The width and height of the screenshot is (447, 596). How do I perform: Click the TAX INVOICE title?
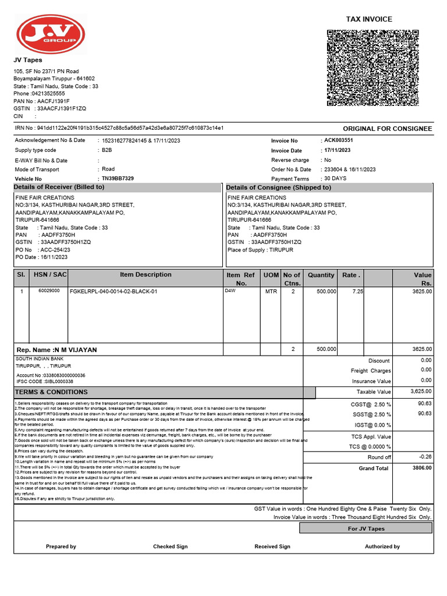(369, 19)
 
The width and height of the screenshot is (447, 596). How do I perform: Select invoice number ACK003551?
(339, 140)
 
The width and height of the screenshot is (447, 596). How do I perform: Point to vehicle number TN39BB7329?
(118, 178)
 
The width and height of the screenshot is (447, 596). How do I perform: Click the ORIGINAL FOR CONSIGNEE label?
(387, 129)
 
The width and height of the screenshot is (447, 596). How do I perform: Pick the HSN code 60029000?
(49, 290)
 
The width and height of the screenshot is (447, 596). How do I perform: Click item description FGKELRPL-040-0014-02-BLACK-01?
(113, 291)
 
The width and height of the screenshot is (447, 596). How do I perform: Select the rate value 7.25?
(357, 291)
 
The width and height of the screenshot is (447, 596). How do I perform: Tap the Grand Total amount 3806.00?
(421, 467)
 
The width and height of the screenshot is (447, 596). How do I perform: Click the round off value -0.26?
(425, 457)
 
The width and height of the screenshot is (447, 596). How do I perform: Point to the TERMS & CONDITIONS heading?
(51, 392)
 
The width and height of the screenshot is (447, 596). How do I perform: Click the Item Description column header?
(146, 275)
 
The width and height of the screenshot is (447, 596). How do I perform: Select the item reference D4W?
(230, 290)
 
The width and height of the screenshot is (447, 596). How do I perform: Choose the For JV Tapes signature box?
(366, 528)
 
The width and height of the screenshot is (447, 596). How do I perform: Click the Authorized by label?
(382, 547)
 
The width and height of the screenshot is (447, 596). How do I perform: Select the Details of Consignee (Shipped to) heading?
(278, 187)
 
